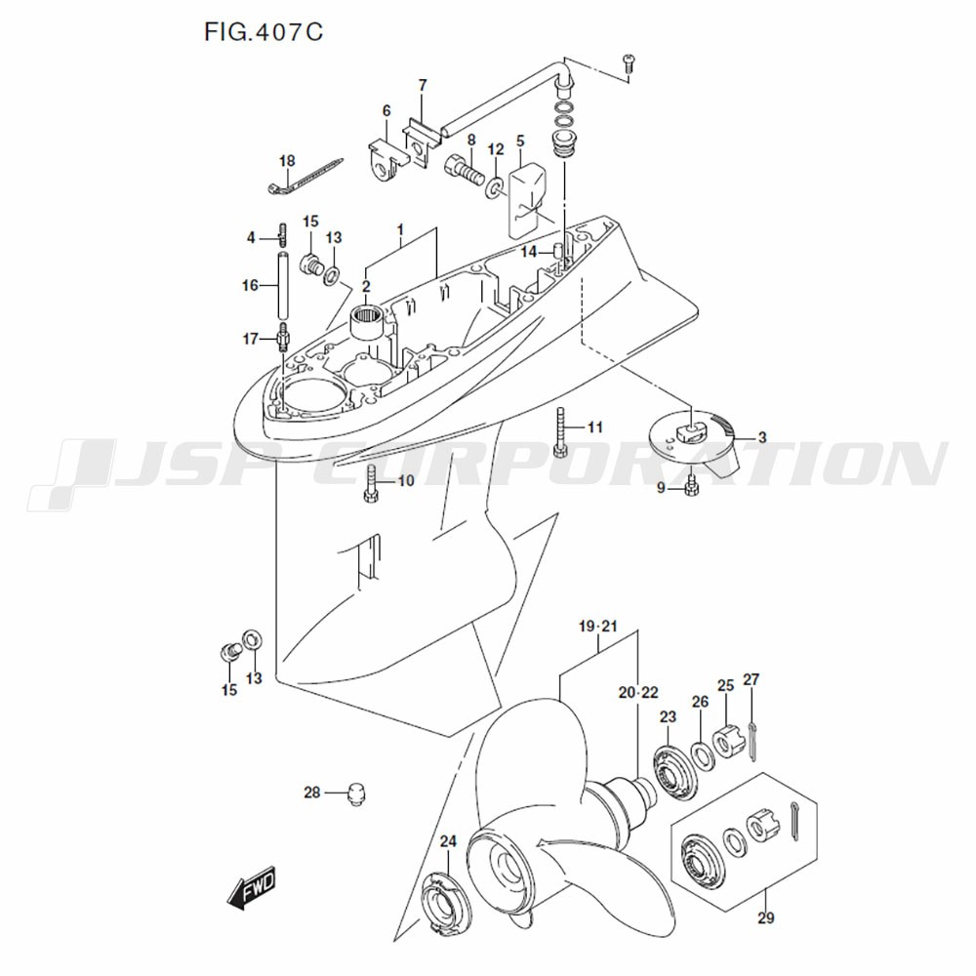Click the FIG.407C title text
(264, 32)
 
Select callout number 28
(311, 793)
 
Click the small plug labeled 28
(357, 793)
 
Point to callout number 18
(286, 160)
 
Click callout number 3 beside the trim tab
(761, 437)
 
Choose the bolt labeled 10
(372, 483)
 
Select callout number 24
(448, 842)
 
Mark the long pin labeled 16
(283, 286)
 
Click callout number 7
(422, 86)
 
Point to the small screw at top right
(629, 63)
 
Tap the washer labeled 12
(496, 185)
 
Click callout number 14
(528, 252)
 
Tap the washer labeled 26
(700, 754)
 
